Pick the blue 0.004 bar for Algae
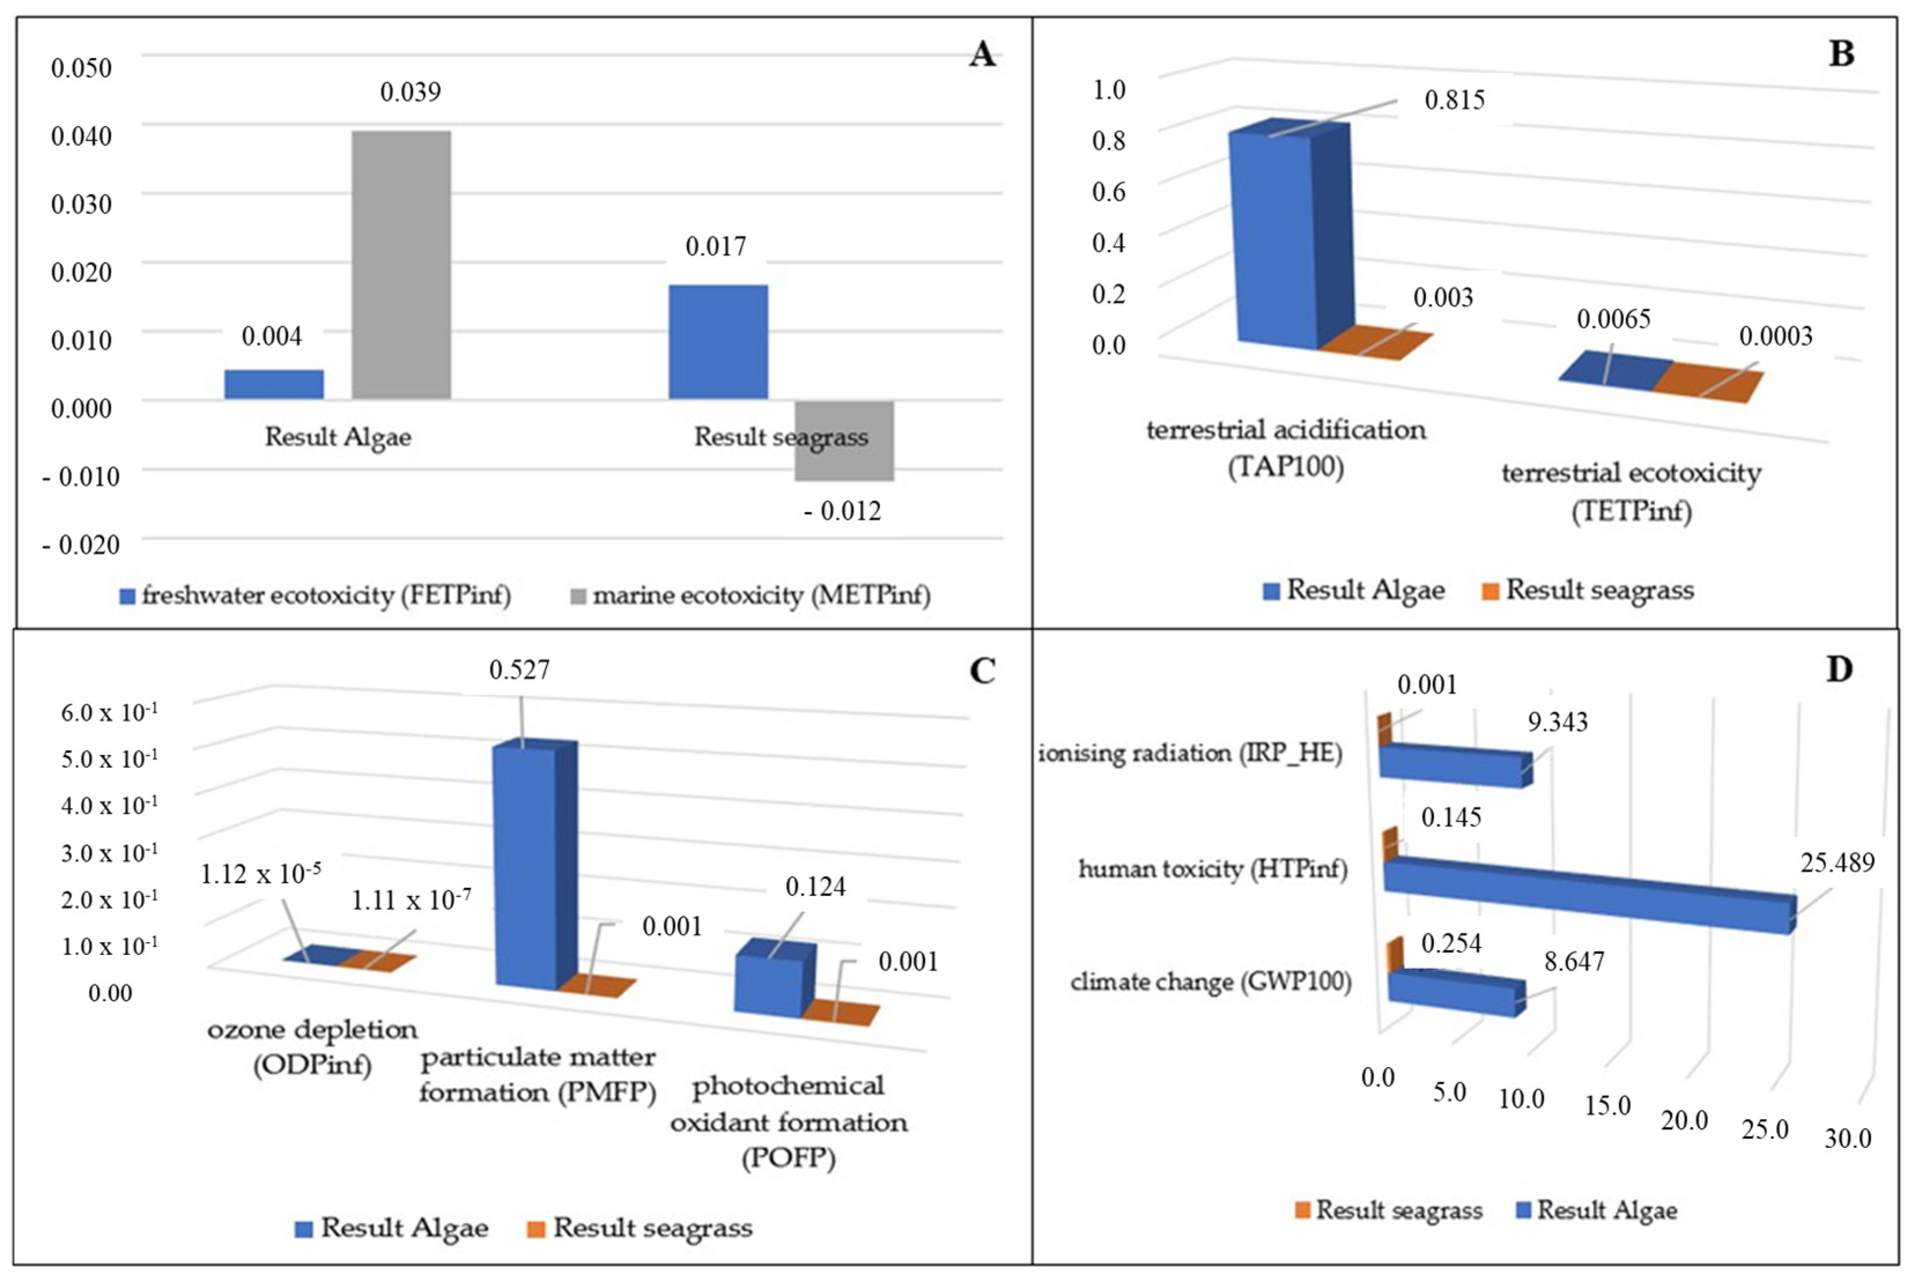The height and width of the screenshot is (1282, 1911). pyautogui.click(x=273, y=384)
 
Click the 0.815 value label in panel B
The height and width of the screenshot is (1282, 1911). pyautogui.click(x=1454, y=101)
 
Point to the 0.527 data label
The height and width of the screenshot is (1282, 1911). pyautogui.click(x=520, y=670)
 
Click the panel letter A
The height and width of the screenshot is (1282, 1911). pyautogui.click(x=982, y=55)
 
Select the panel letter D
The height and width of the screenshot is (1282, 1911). pyautogui.click(x=1839, y=670)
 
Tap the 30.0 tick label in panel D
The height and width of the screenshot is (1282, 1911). pyautogui.click(x=1847, y=1138)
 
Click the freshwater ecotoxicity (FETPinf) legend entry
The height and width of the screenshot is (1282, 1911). pyautogui.click(x=315, y=595)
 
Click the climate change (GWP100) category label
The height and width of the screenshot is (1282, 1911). pyautogui.click(x=1211, y=981)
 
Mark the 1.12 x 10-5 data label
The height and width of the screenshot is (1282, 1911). pyautogui.click(x=260, y=874)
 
